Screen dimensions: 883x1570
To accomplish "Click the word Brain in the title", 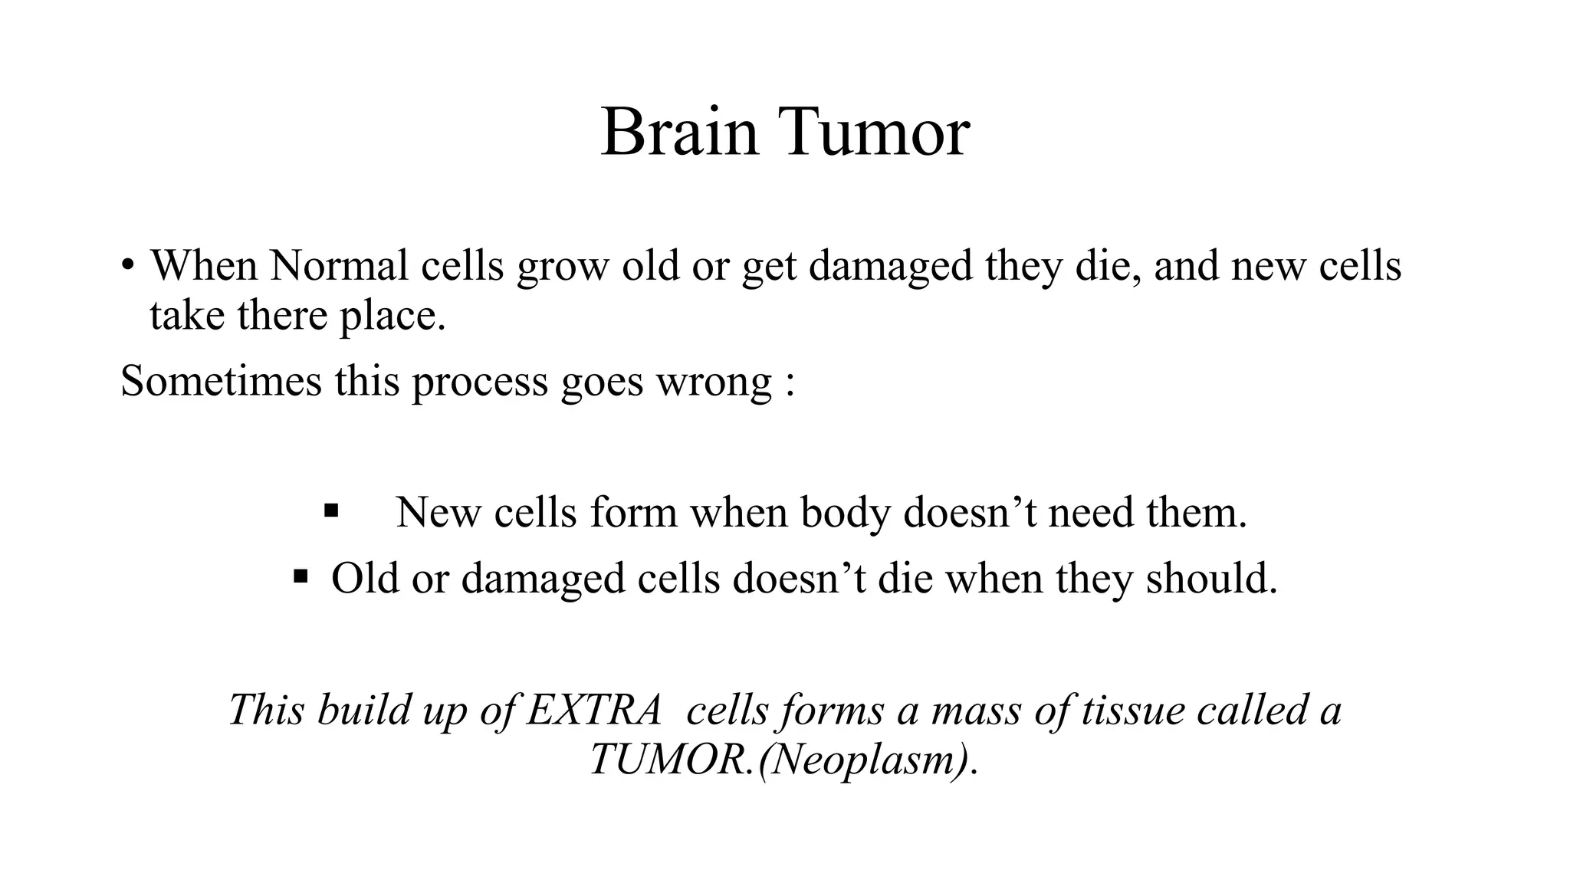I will (679, 133).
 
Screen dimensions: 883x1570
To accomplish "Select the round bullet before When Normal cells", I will (127, 266).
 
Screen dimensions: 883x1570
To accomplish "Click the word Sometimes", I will (221, 381).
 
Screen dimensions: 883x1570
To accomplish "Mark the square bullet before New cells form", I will (331, 510).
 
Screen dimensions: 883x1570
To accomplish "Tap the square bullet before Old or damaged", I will (301, 576).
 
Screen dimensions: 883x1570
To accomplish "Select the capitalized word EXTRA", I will (594, 710).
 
